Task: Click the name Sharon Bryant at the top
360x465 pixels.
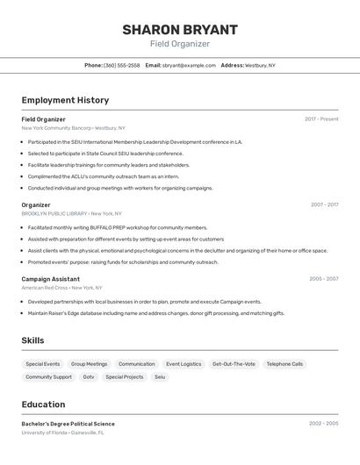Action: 180,29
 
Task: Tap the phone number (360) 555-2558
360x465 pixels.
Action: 121,65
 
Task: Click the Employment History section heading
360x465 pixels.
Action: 65,100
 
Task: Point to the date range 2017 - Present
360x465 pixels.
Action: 321,119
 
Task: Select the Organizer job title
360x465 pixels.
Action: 36,204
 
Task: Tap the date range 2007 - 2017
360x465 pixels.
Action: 324,204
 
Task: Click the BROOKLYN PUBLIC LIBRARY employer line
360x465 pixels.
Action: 54,213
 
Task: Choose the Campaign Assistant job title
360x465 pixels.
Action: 50,279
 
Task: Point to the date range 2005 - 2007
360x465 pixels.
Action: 323,279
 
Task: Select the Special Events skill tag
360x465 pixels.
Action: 43,363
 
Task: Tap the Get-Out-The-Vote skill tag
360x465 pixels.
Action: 234,363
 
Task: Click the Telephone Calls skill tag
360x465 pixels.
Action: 284,363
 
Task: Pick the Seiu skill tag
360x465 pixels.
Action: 160,376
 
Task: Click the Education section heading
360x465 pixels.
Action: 43,404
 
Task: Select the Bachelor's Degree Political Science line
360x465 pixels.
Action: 68,424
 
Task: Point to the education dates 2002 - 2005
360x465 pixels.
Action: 323,424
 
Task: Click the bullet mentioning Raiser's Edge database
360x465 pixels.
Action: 156,313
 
